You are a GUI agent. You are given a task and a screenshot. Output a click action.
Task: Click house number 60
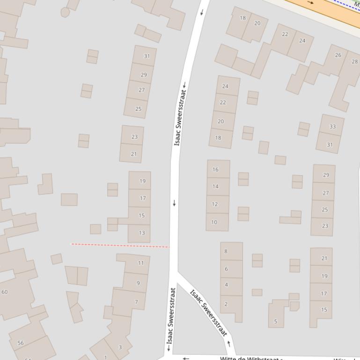[x=5, y=292]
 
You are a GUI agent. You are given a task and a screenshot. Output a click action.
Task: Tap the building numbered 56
[x=21, y=343]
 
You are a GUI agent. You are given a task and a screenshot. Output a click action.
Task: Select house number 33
[x=332, y=127]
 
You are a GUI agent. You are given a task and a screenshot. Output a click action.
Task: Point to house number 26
[x=338, y=55]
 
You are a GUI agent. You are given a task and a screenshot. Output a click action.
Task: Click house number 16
[x=215, y=170]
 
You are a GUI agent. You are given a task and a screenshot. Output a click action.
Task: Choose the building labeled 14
[x=215, y=187]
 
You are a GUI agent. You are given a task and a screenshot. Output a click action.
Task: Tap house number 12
[x=215, y=204]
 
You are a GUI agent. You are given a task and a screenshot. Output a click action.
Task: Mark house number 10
[x=214, y=222]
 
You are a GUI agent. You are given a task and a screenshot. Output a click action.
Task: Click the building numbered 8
[x=226, y=252]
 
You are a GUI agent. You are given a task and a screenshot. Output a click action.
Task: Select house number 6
[x=226, y=269]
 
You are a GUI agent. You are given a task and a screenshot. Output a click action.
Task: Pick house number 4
[x=226, y=285]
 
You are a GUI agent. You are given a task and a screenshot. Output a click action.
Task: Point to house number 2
[x=226, y=304]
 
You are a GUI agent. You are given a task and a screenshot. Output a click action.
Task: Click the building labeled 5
[x=276, y=321]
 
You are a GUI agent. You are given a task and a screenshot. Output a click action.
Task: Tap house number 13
[x=142, y=233]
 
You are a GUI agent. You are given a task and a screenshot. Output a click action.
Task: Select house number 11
[x=141, y=263]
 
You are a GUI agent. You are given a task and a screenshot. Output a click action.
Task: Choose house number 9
[x=138, y=283]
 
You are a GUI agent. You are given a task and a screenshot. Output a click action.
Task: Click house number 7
[x=136, y=302]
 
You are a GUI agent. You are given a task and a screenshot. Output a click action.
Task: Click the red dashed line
[x=120, y=245]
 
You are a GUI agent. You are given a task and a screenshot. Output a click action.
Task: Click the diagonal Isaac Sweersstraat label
[x=208, y=313]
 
